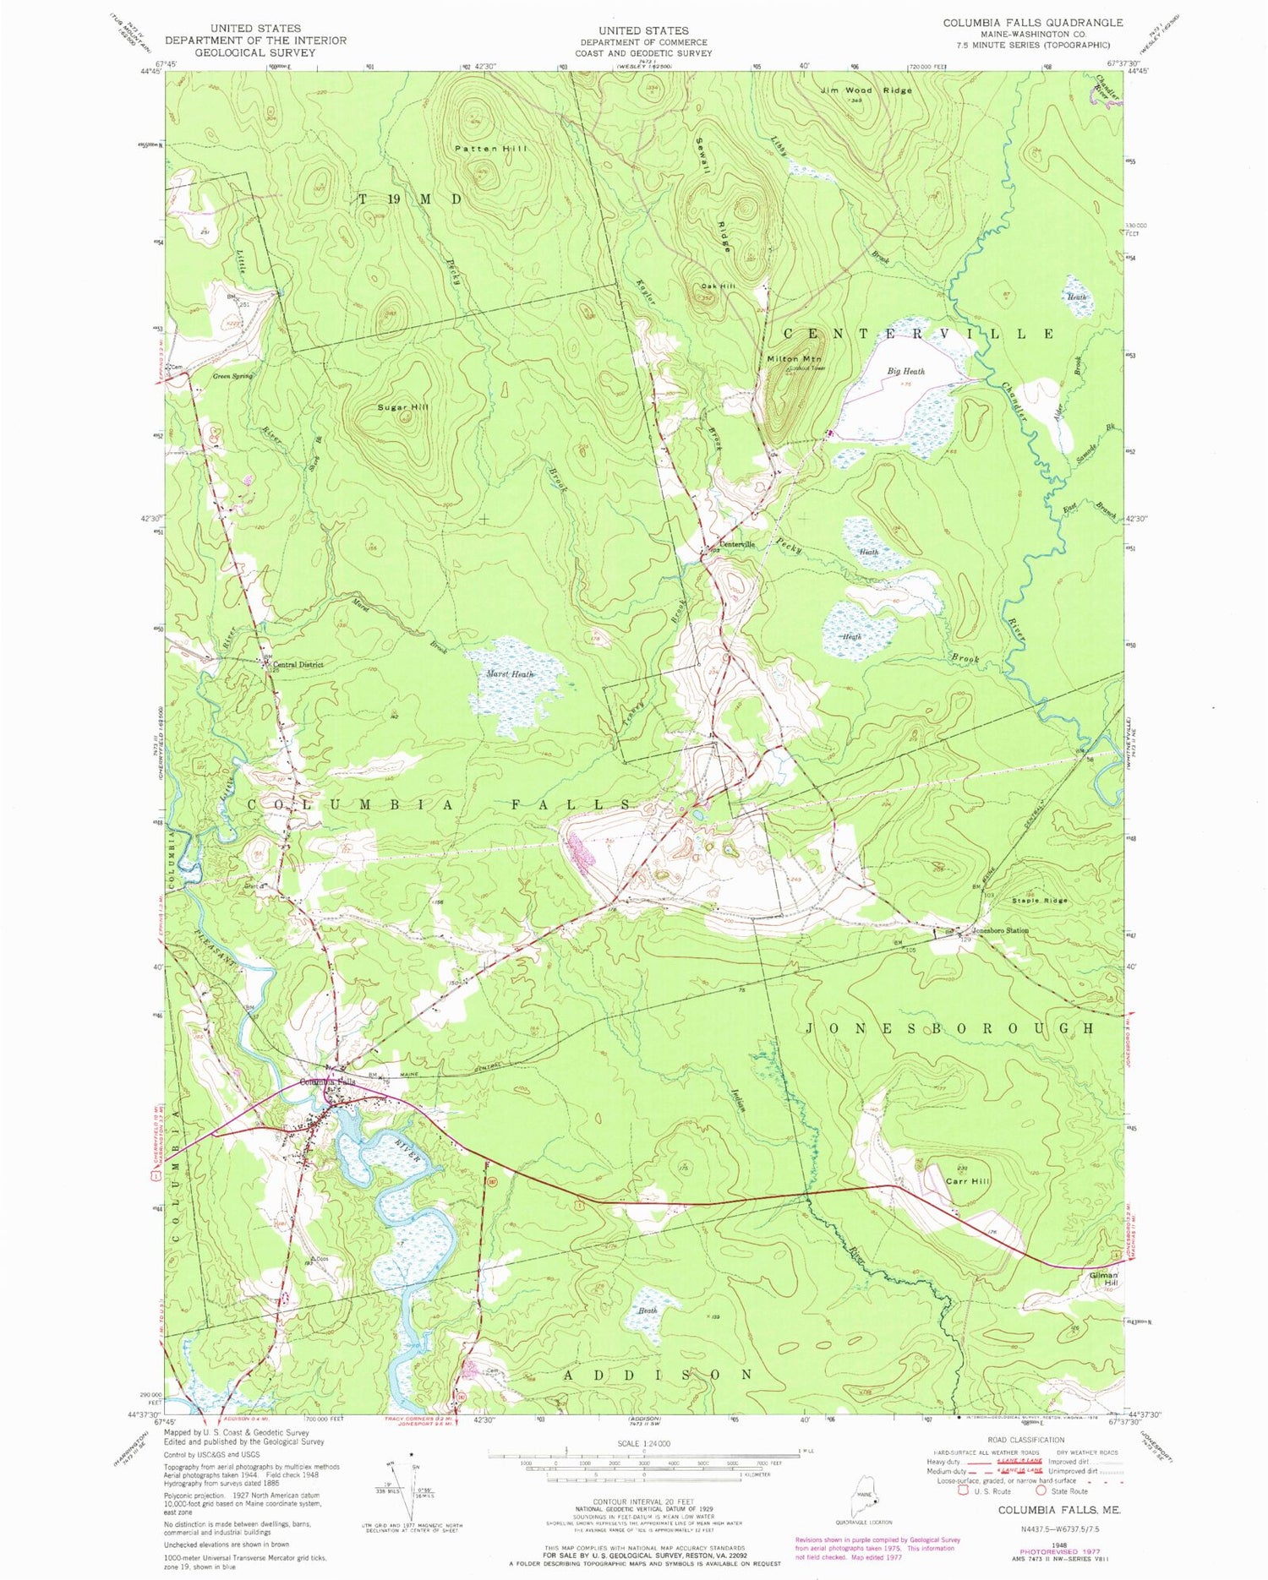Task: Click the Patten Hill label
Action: pyautogui.click(x=490, y=149)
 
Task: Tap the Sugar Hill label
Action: pyautogui.click(x=403, y=407)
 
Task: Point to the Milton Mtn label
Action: pyautogui.click(x=794, y=360)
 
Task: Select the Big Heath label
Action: pyautogui.click(x=905, y=371)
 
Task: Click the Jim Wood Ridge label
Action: pyautogui.click(x=866, y=90)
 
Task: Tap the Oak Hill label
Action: pyautogui.click(x=718, y=286)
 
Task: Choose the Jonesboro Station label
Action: pyautogui.click(x=1000, y=930)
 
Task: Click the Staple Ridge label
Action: pyautogui.click(x=1040, y=901)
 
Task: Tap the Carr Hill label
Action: pyautogui.click(x=967, y=1180)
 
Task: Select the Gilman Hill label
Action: pyautogui.click(x=1104, y=1278)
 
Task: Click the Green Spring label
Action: pyautogui.click(x=232, y=376)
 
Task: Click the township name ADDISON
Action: pyautogui.click(x=657, y=1375)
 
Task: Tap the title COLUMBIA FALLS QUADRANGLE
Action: pyautogui.click(x=1033, y=23)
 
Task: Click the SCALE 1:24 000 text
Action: pyautogui.click(x=644, y=1443)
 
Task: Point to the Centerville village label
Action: pyautogui.click(x=736, y=544)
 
